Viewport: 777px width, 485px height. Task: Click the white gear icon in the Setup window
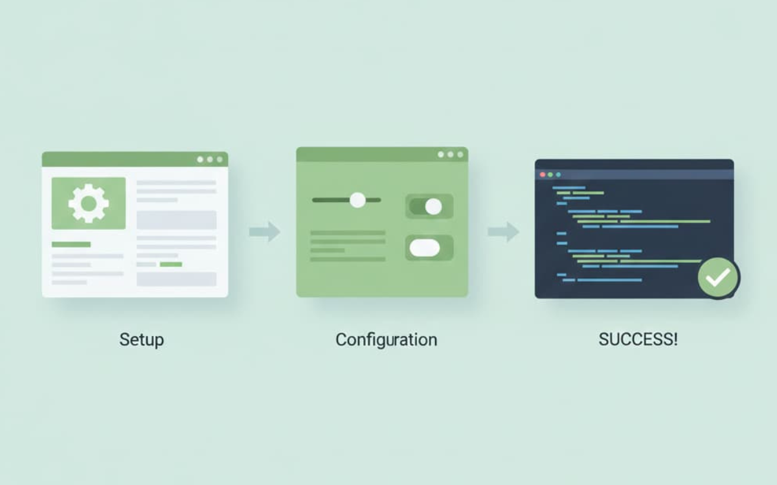coord(89,203)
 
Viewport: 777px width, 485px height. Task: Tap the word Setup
coord(142,340)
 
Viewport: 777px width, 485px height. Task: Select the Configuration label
coord(386,340)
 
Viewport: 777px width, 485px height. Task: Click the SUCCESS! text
coord(638,339)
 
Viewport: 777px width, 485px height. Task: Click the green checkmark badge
coord(718,277)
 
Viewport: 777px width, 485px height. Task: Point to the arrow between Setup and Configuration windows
coord(265,231)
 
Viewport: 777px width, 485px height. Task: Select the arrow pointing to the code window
coord(503,231)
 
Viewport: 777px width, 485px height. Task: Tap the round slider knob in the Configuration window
coord(357,200)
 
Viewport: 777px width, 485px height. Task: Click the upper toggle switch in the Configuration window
coord(429,207)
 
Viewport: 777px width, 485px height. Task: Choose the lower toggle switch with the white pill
coord(429,248)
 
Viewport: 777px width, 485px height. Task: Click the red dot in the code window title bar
coord(543,175)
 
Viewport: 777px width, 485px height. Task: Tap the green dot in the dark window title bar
coord(550,175)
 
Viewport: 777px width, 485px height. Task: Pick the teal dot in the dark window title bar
coord(558,175)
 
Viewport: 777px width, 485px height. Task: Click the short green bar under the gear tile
coord(71,244)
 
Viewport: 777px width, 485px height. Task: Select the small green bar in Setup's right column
coord(171,264)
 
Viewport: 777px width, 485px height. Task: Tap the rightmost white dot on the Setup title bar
coord(220,159)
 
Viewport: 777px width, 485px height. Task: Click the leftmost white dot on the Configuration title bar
coord(440,154)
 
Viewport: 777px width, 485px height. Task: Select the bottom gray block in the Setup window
coord(176,279)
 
